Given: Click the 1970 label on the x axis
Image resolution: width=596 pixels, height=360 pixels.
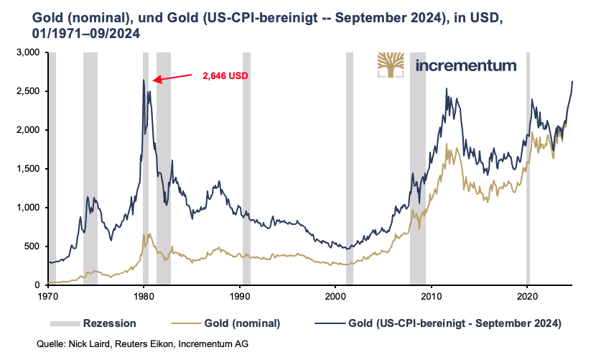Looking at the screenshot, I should [47, 295].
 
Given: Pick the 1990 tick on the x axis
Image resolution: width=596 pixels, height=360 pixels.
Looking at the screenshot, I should [239, 295].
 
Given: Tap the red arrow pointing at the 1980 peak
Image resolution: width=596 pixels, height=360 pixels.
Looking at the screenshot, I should [172, 77].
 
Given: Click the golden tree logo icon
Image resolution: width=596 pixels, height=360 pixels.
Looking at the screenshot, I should [391, 65].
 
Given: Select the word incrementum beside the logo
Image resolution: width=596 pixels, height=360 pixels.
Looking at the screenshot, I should [466, 65].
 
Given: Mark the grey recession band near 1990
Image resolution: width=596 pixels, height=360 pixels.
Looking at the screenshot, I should [246, 169].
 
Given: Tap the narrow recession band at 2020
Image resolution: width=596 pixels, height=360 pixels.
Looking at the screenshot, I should [528, 169].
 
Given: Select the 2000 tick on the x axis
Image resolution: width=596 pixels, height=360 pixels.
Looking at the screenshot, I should [335, 295].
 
